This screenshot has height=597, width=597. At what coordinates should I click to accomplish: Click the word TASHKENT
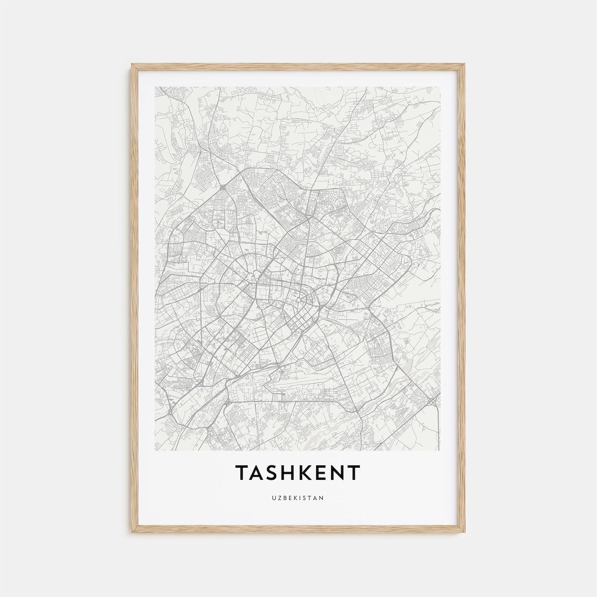(x=298, y=473)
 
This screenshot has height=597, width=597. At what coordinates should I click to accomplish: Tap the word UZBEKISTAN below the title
(x=298, y=498)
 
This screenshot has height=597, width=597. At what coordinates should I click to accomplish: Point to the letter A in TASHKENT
(x=259, y=473)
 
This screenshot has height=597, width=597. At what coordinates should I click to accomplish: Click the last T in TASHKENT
(x=354, y=473)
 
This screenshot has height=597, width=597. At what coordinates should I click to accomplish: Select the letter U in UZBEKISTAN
(x=274, y=498)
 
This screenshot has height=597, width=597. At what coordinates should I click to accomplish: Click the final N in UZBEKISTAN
(x=322, y=498)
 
